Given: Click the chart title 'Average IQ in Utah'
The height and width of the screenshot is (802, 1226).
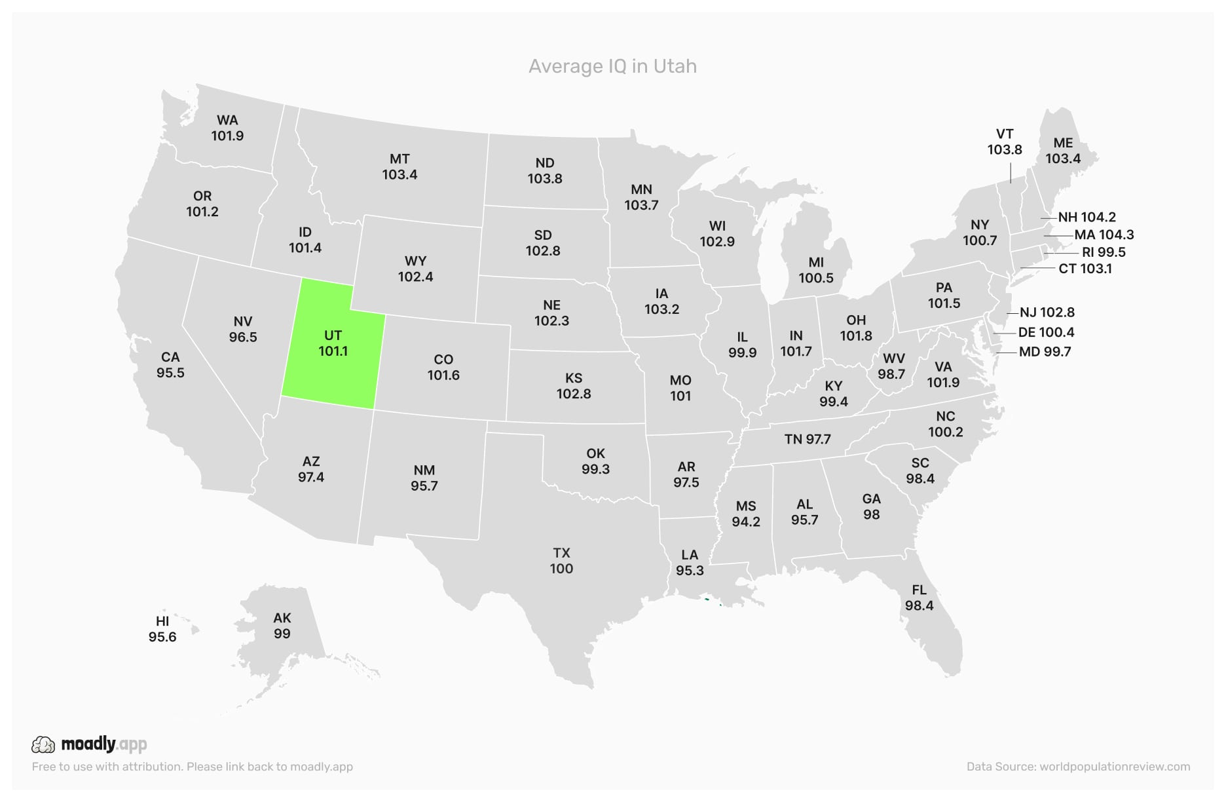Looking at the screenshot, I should click(x=612, y=66).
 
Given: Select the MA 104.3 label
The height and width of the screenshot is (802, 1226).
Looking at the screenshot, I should click(x=1104, y=235).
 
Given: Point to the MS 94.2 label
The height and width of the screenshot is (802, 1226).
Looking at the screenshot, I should click(x=746, y=514).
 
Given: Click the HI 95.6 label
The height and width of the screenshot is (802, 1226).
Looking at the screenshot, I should click(x=162, y=629).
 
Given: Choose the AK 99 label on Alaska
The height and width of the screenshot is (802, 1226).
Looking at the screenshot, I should click(x=282, y=626).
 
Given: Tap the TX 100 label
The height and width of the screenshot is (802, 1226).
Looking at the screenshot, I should click(x=561, y=561).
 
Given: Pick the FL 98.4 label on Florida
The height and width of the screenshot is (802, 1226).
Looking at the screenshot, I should click(x=919, y=598).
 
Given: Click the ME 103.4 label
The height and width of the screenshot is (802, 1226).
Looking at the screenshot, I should click(x=1063, y=151).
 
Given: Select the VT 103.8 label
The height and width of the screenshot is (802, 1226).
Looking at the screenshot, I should click(x=1005, y=142).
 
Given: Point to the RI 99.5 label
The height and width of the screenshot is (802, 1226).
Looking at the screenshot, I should click(x=1104, y=252).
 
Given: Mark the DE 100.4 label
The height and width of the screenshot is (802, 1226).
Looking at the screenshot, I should click(x=1046, y=332).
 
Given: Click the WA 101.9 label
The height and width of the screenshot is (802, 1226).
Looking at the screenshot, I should click(x=227, y=128).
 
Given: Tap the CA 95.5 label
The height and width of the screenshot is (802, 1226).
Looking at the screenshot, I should click(x=170, y=365).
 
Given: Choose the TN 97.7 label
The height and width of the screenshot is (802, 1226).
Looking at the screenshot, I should click(x=808, y=439).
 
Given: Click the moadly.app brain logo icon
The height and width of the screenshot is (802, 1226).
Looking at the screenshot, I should click(x=43, y=744).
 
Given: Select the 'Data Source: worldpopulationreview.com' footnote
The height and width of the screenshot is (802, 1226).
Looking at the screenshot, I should click(x=1078, y=767).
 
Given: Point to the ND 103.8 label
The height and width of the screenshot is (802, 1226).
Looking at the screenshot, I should click(x=545, y=170).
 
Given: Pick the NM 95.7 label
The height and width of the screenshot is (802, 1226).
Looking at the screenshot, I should click(x=424, y=478).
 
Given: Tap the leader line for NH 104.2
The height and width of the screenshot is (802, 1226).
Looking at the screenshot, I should click(x=1048, y=218).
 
